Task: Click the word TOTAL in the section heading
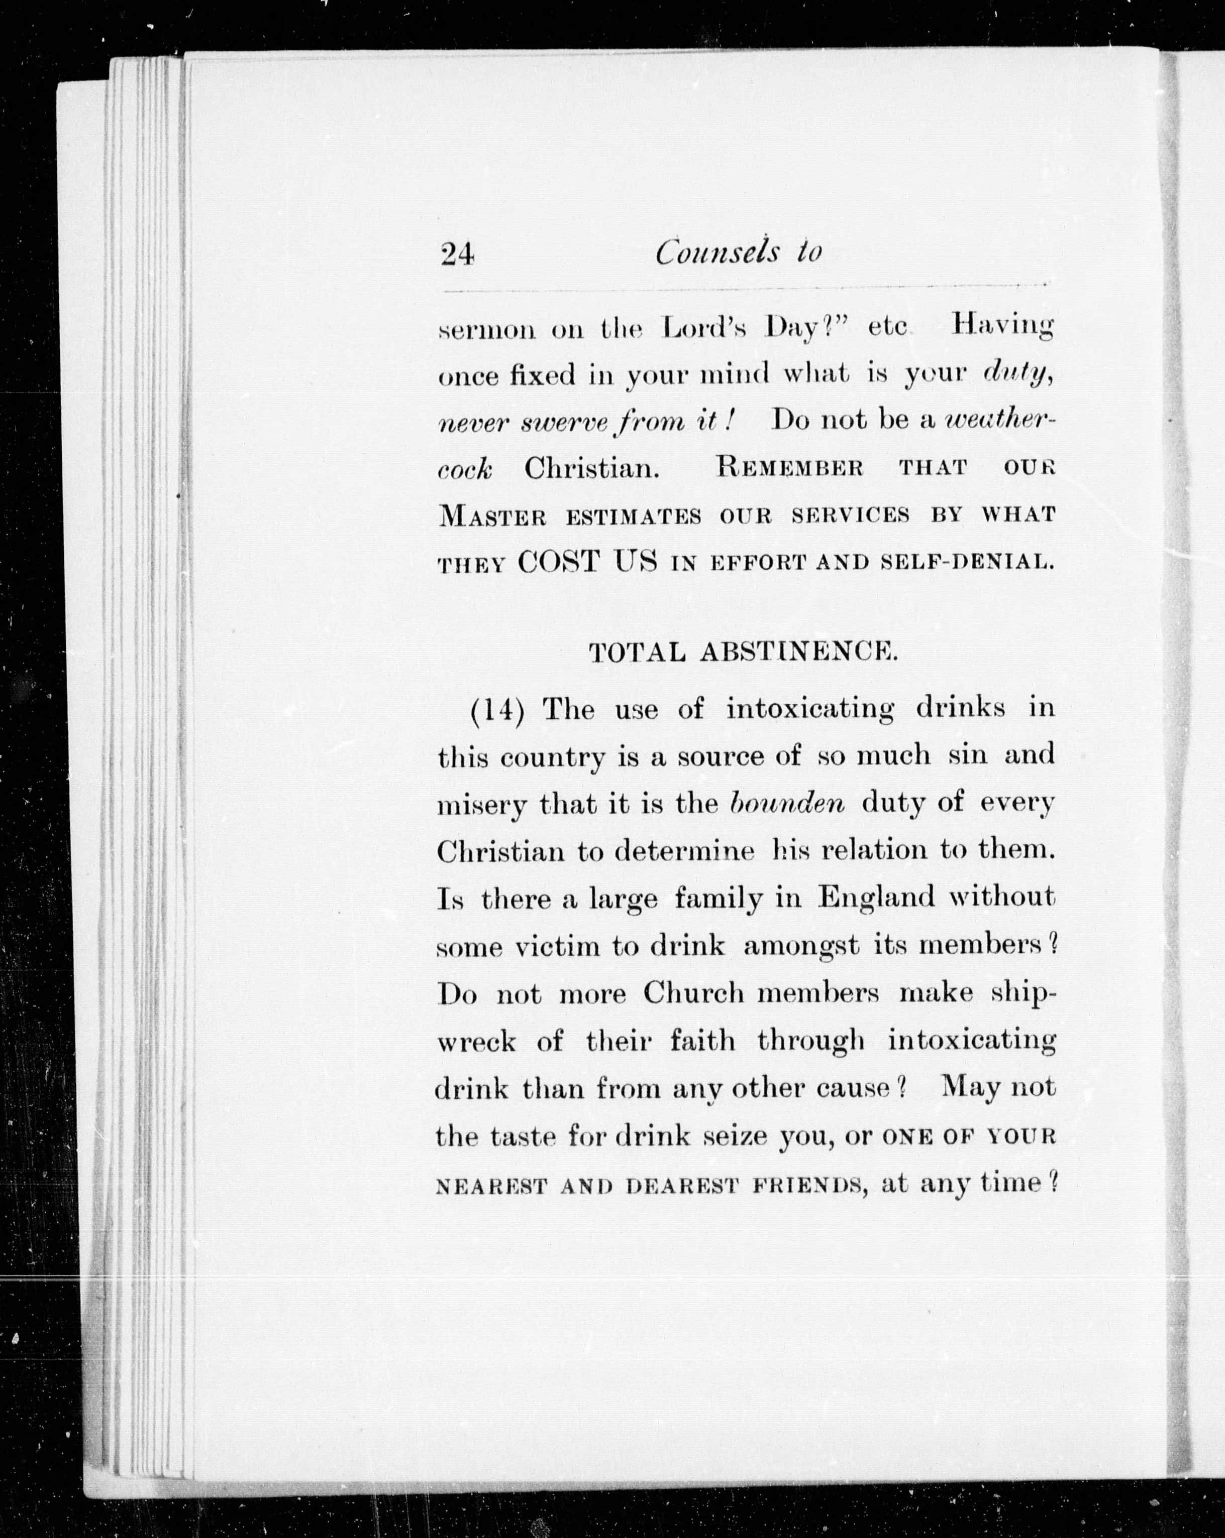point(638,652)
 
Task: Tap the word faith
point(702,1041)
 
